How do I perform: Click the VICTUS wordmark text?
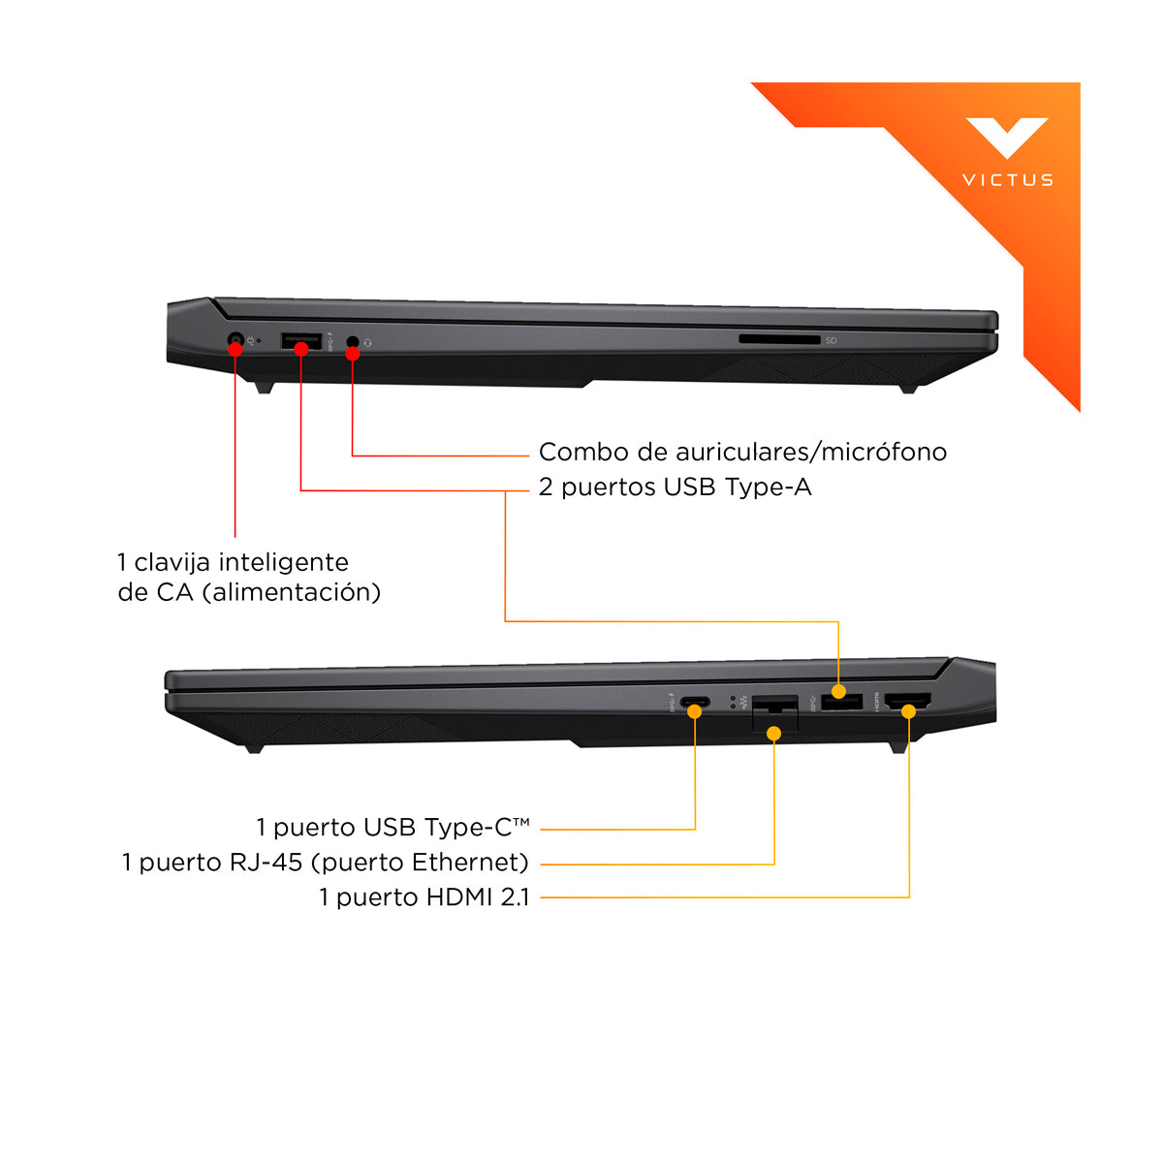1007,180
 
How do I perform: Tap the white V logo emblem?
1007,137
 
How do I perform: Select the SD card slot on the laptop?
779,339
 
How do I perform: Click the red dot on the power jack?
236,349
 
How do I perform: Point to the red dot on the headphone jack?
353,354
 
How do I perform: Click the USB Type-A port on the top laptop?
301,340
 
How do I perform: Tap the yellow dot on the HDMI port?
908,711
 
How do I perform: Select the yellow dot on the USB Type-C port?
695,711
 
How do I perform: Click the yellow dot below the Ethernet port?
773,734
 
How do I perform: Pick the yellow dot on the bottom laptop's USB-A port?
838,692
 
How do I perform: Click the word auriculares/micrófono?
810,453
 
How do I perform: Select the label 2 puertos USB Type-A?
675,487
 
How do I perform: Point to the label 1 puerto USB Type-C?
393,828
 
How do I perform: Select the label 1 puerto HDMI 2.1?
424,897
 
